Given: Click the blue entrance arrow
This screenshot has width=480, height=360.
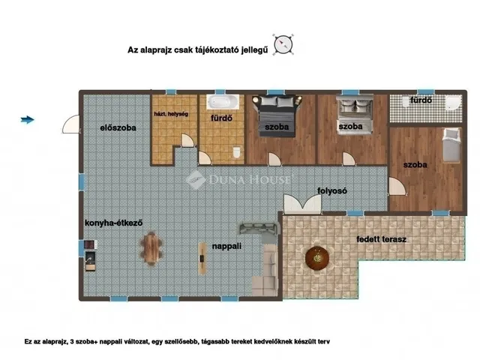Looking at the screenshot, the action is point(27,120).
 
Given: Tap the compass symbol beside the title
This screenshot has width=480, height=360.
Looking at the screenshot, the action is point(283,45).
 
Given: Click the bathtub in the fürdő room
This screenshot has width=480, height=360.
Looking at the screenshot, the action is point(223,102).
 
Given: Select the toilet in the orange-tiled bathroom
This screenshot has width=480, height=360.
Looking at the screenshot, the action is point(237,152).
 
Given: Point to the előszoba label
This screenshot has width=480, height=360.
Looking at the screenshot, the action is point(118,127).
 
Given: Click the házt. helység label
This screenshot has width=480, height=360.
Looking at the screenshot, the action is point(171,114).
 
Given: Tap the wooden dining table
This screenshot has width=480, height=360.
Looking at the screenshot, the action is point(151,249).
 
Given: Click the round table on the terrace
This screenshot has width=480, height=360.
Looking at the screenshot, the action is point(317,259).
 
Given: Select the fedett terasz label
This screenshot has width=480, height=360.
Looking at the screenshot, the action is point(382,239).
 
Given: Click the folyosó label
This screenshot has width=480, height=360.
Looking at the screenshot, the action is point(332,190).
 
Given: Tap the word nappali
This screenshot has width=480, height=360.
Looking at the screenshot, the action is point(226,246).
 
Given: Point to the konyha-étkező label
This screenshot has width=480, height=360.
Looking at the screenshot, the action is point(113,223).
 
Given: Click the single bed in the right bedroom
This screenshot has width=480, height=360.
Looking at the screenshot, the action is point(451,145).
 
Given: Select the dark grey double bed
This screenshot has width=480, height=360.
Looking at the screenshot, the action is point(277,115).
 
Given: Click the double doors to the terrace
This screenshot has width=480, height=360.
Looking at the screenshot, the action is point(302,204).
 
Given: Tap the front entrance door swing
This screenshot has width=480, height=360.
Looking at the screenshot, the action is point(71,124).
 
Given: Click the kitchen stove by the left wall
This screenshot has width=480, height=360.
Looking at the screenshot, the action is point(90,244).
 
